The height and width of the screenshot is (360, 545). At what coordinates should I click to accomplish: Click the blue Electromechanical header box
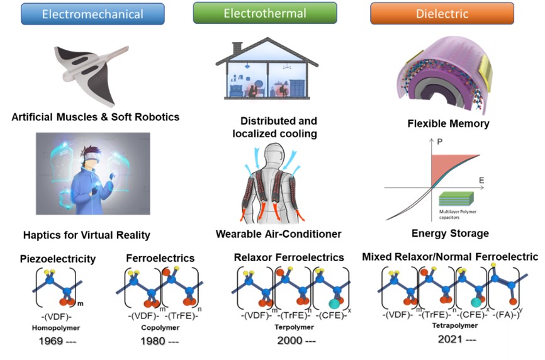point(93,14)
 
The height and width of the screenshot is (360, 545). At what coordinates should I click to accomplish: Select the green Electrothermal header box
point(265,12)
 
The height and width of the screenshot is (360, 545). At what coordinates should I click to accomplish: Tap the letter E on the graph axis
point(481,181)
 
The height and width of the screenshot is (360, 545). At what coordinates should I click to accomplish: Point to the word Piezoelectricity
point(58,259)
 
